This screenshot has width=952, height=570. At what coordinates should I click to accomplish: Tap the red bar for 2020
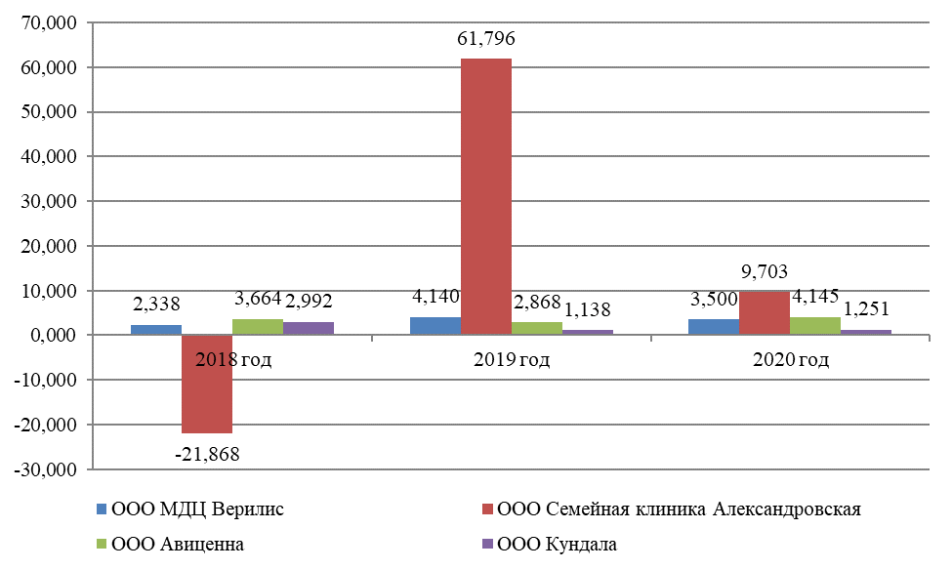(765, 312)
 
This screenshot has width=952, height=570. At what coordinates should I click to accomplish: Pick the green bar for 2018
(258, 327)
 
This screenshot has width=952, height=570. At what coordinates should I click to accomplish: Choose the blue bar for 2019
(435, 326)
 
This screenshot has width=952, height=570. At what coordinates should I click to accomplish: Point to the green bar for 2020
(815, 326)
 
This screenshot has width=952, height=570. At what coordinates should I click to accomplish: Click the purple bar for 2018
(309, 328)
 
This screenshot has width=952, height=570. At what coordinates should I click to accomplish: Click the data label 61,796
(485, 40)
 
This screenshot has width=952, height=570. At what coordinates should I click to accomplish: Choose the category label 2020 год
(791, 360)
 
